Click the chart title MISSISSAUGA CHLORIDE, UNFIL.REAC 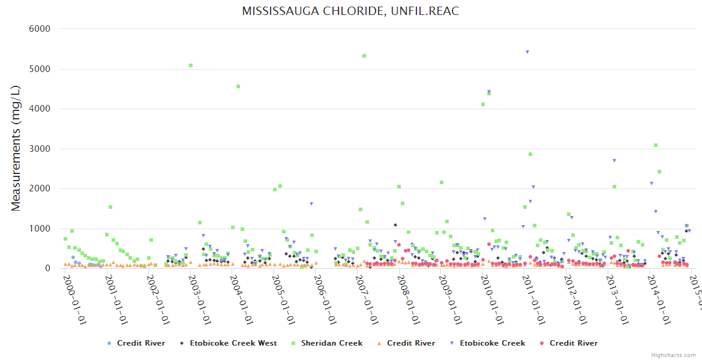pos(350,11)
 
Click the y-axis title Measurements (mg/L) pos(16,148)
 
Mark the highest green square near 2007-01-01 pos(364,56)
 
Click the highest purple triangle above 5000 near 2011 pos(527,52)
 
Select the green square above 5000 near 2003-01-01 pos(191,65)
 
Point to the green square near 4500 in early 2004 pos(238,86)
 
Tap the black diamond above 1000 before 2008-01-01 pos(395,225)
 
